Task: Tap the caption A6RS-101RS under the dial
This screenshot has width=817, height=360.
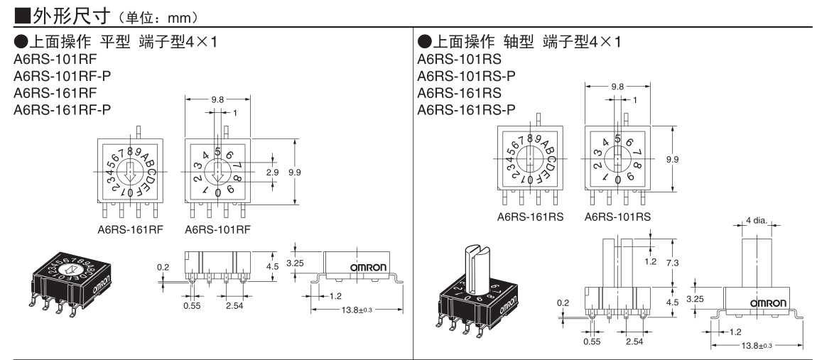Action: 615,216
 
